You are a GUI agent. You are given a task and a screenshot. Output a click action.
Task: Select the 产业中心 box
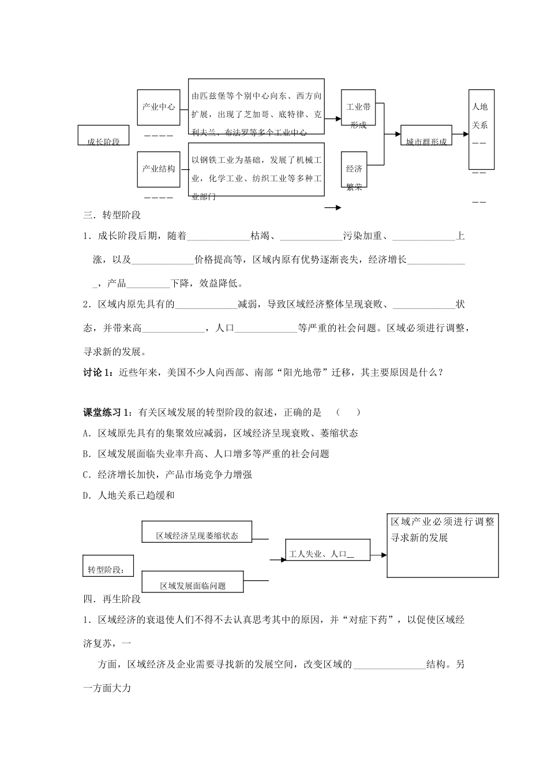coord(158,107)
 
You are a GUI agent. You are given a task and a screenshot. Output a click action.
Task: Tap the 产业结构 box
coord(158,169)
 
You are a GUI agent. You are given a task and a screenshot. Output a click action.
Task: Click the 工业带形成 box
coord(358,108)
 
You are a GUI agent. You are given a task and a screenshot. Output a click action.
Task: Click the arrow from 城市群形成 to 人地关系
coord(460,133)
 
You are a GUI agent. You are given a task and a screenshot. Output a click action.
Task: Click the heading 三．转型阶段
coord(112,215)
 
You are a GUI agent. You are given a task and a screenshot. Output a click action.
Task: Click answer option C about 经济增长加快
coord(168,475)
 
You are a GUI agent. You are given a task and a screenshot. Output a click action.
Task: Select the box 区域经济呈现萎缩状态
coord(197,532)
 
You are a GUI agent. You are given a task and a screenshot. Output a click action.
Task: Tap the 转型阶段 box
coord(107,566)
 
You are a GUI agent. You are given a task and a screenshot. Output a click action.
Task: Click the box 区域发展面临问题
coord(193,581)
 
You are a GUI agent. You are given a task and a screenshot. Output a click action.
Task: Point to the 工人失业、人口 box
coord(327,550)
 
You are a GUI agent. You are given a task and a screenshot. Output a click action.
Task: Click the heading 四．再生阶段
coord(112,599)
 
